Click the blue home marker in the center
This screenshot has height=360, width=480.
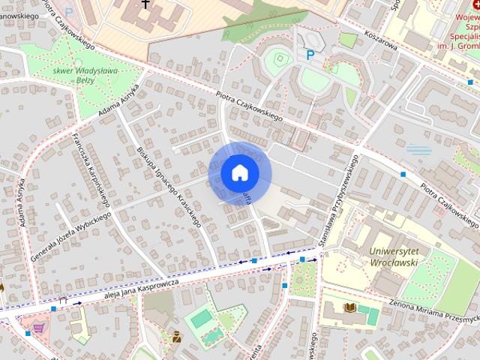pos(239,172)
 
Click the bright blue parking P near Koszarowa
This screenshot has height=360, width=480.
pos(310,54)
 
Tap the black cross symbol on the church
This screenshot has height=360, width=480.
pos(144,6)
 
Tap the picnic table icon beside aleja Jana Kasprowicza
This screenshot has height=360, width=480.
pos(64,300)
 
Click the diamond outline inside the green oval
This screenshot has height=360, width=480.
pos(278,58)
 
